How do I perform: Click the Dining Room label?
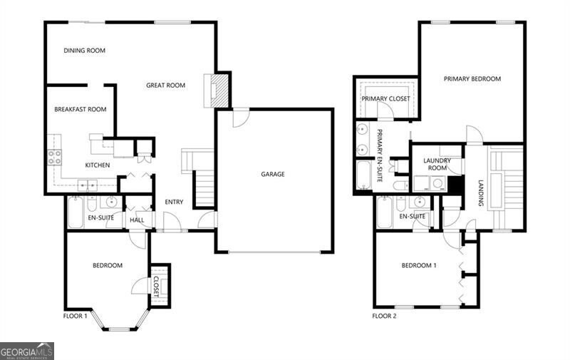84,51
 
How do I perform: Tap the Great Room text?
165,86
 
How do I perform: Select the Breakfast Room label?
81,110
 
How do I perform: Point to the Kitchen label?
98,165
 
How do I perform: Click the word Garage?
272,174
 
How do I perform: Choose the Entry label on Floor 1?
174,202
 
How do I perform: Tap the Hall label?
137,220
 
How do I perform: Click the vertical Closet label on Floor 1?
157,286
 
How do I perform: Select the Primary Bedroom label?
472,79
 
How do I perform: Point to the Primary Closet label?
385,98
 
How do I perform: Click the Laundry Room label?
437,165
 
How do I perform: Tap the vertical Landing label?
481,193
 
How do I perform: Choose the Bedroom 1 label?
419,266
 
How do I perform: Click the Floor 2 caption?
385,316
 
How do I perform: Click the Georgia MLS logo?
27,351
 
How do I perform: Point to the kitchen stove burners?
55,158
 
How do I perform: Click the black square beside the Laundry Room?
455,184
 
